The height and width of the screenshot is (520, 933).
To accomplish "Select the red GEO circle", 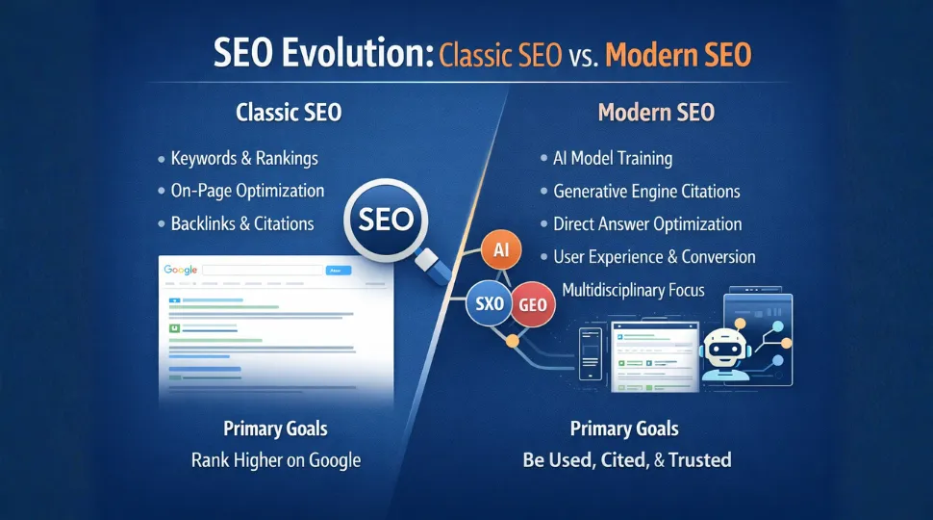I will point(532,303).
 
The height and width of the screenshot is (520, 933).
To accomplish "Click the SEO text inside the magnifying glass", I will point(385,219).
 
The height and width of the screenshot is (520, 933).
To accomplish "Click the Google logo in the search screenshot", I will point(180,272).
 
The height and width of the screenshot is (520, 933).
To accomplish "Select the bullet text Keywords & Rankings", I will point(243,158).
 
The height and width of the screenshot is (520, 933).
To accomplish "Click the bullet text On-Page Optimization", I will point(247,191).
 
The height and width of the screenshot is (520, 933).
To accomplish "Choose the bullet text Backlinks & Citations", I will point(242,223).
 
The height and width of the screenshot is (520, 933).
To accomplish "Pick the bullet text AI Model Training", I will point(613,158).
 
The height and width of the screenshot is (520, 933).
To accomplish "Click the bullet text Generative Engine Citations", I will point(646,191).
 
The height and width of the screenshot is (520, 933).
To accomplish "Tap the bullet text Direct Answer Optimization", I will point(647,223).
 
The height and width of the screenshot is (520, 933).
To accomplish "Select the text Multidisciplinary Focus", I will point(632,290).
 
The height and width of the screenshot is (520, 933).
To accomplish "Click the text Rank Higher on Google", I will point(276,459).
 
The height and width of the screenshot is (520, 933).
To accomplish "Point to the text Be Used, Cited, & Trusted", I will point(626,459).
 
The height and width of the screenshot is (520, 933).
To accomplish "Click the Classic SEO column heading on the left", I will point(288,112).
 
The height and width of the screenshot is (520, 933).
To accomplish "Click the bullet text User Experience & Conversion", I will point(654,256).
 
